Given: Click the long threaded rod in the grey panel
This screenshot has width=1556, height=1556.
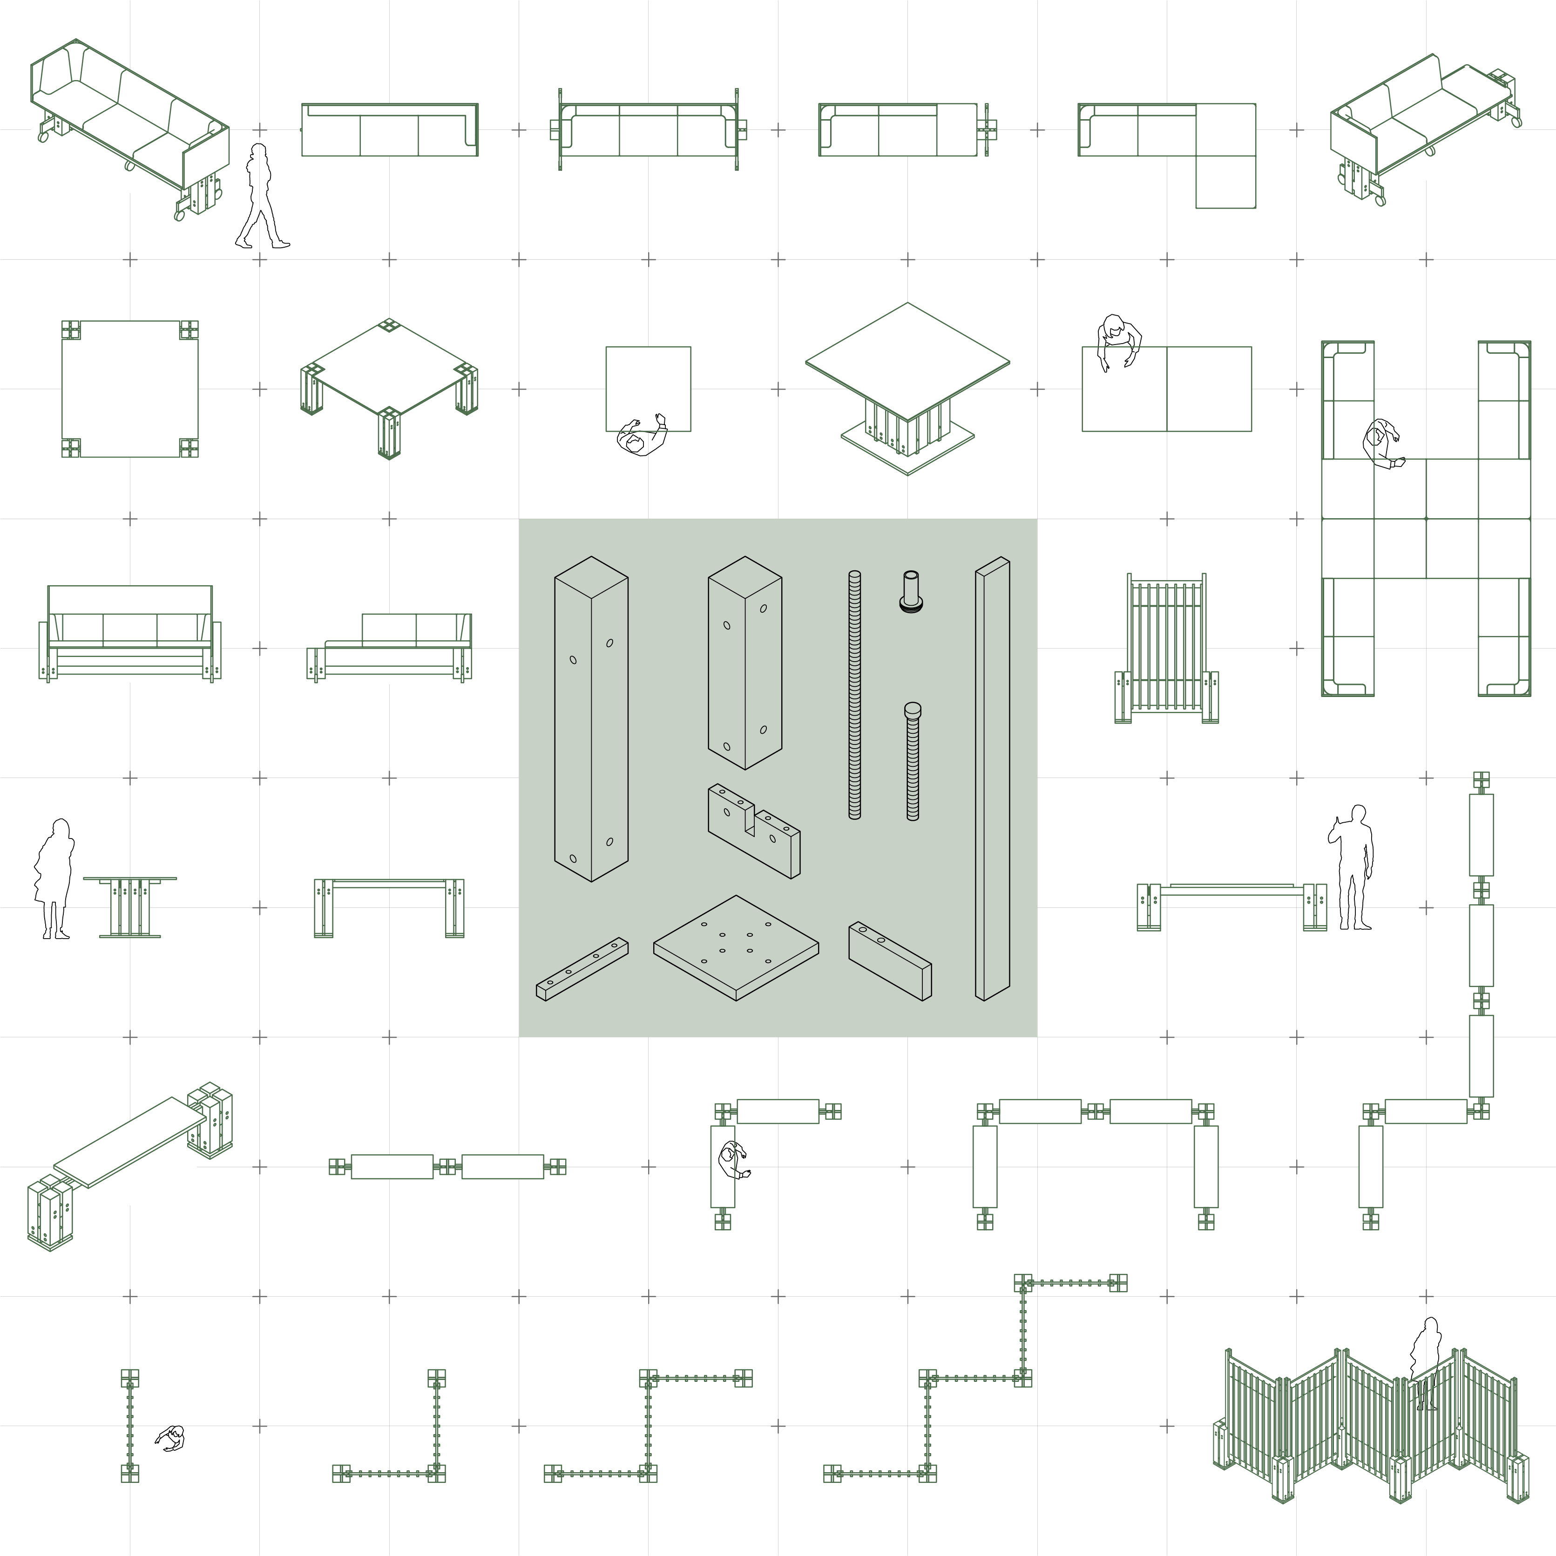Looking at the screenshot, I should (x=854, y=694).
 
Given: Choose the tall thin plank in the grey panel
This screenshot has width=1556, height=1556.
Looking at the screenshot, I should (x=992, y=778).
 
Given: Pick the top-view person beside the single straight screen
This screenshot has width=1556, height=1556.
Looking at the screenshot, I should (x=171, y=1438).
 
